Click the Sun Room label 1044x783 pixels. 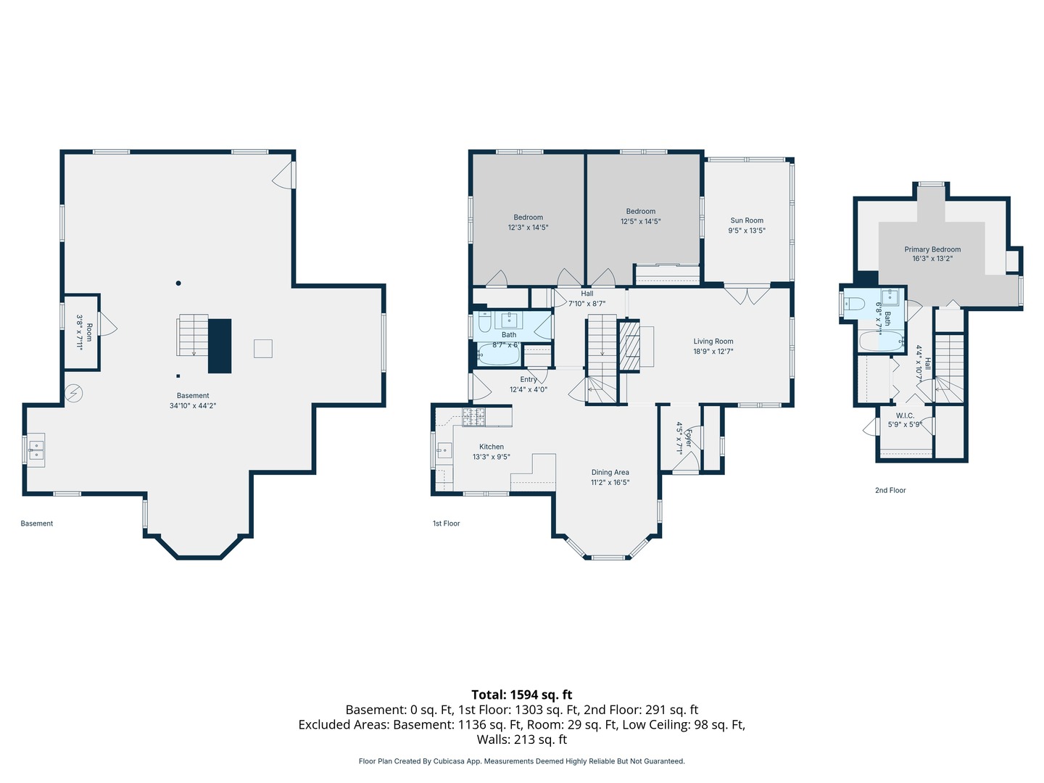[x=747, y=220]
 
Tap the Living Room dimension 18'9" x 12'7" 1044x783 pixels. [x=713, y=352]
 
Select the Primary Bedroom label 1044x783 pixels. [x=932, y=249]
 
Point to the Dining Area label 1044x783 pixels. [x=610, y=472]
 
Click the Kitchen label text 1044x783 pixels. [x=492, y=447]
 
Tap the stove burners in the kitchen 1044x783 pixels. [x=473, y=417]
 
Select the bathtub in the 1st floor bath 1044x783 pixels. [x=498, y=355]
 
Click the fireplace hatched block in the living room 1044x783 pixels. [x=629, y=346]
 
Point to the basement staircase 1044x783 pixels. [x=193, y=335]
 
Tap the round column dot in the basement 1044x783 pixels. [x=178, y=283]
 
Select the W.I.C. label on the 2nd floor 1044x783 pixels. [x=905, y=415]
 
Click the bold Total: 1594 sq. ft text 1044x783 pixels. [x=522, y=695]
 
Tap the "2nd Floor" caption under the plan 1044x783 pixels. [x=890, y=490]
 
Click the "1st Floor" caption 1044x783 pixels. [x=446, y=523]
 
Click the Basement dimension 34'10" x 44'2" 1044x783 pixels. [x=193, y=405]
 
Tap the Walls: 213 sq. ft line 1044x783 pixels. [x=522, y=739]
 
